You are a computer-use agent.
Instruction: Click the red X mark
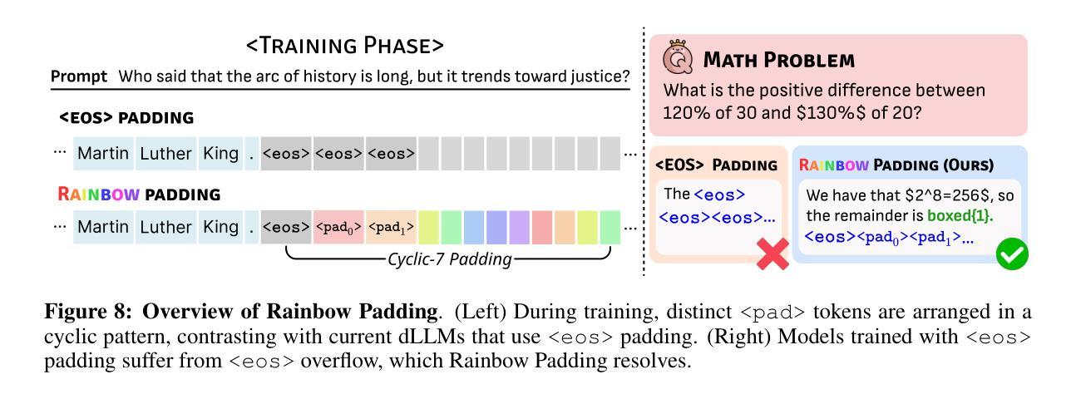tap(772, 254)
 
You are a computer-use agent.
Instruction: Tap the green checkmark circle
tap(1012, 254)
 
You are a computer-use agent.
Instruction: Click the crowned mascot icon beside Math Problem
tap(678, 57)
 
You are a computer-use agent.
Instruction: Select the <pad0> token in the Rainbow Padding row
tap(338, 227)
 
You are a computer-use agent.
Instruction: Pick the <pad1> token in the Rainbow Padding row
tap(391, 227)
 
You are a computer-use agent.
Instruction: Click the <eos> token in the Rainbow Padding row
tap(286, 227)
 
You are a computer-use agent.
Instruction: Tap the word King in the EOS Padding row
tap(220, 154)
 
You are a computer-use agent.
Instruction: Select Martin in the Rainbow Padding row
tap(103, 227)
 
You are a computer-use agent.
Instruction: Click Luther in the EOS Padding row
tap(165, 154)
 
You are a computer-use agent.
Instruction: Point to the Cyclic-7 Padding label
tap(450, 259)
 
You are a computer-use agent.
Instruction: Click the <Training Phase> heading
tap(344, 46)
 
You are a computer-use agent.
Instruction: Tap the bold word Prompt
tap(79, 76)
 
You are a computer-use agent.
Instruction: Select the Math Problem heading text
tap(778, 60)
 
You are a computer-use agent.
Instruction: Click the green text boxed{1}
tap(960, 215)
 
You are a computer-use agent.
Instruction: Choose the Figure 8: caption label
tap(88, 312)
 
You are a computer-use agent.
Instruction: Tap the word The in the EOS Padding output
tap(677, 194)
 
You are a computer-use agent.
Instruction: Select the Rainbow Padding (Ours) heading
tap(896, 165)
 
